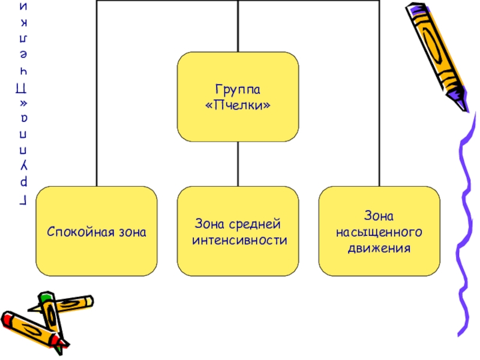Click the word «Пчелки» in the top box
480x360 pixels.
click(x=238, y=105)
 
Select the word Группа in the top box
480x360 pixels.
click(x=238, y=89)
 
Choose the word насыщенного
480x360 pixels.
click(x=379, y=231)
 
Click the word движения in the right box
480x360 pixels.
click(x=379, y=247)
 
